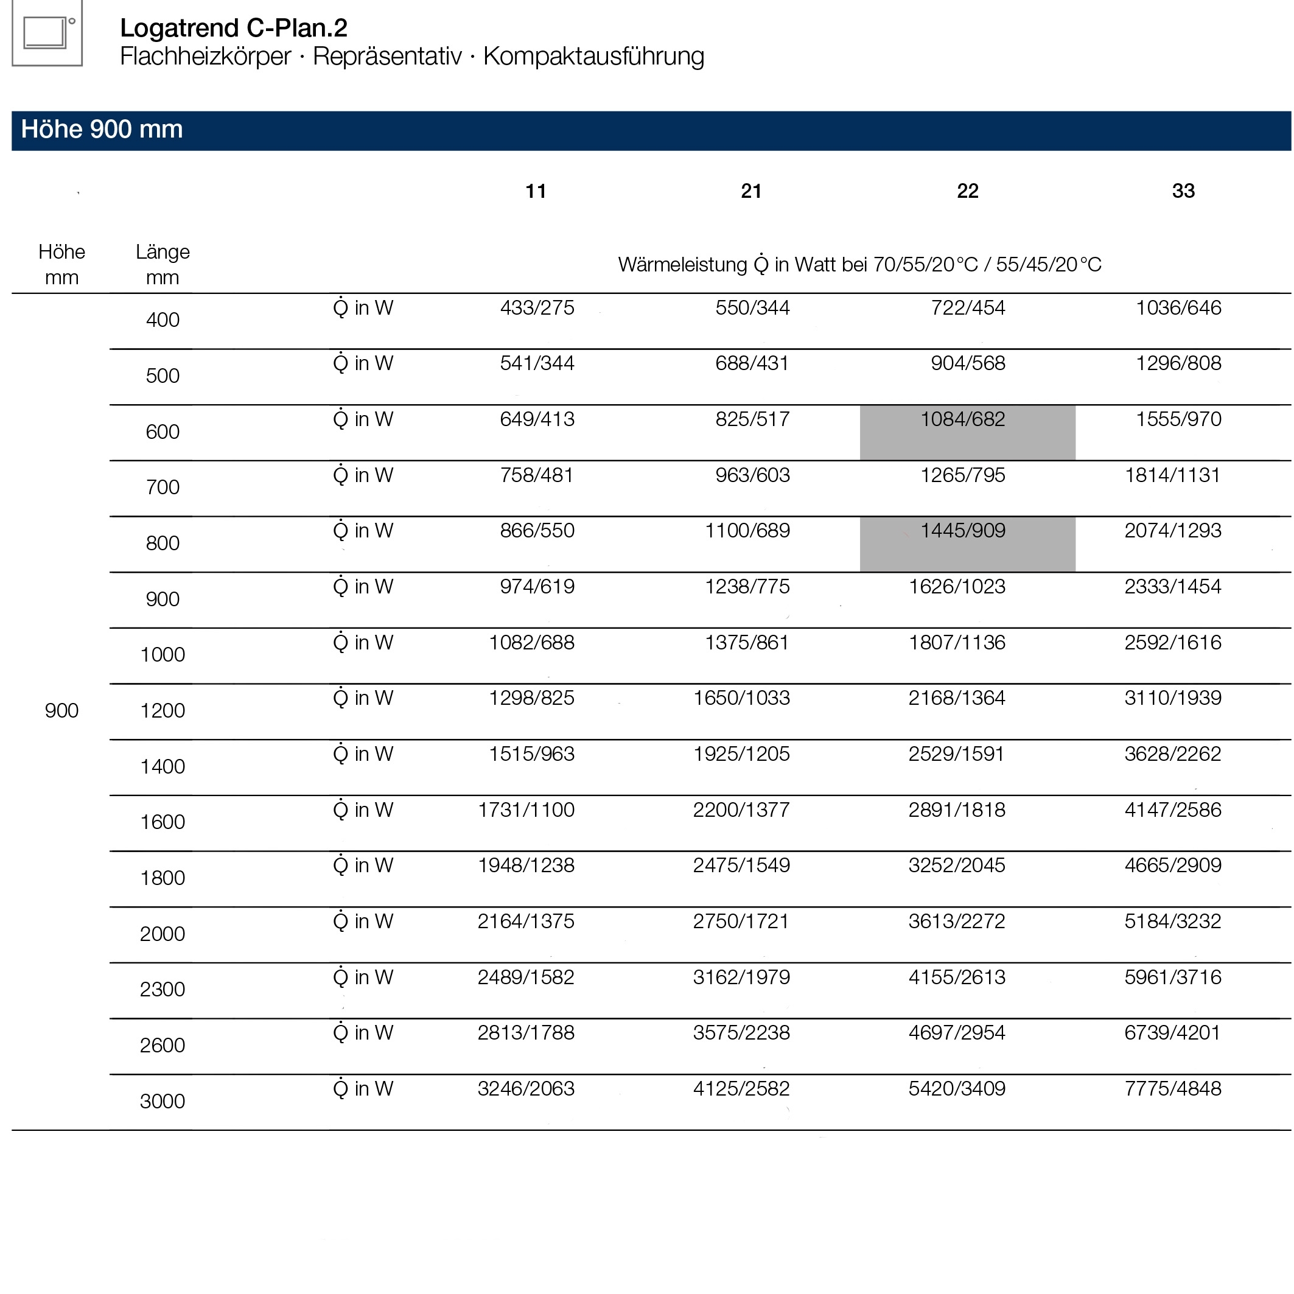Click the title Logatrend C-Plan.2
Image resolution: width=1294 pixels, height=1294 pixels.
233,28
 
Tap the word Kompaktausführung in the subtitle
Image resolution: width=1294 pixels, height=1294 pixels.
593,56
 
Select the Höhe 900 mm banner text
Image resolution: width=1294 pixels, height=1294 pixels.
102,129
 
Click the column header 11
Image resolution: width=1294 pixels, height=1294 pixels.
535,192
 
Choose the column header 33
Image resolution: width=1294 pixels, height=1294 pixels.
1183,192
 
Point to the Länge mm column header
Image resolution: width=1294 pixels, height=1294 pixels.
163,265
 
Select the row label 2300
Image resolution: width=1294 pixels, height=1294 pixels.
162,989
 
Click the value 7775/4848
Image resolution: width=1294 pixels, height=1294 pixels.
1172,1089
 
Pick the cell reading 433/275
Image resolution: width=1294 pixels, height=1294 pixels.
537,308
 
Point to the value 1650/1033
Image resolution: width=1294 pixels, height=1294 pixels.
741,699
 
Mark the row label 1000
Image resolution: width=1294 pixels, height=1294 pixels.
162,654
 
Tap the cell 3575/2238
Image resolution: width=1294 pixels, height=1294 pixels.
741,1033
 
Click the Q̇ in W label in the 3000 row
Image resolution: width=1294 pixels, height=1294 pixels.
363,1089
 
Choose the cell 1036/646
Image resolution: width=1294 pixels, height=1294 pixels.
1178,308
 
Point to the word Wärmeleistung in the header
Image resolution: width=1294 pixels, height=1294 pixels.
682,265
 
